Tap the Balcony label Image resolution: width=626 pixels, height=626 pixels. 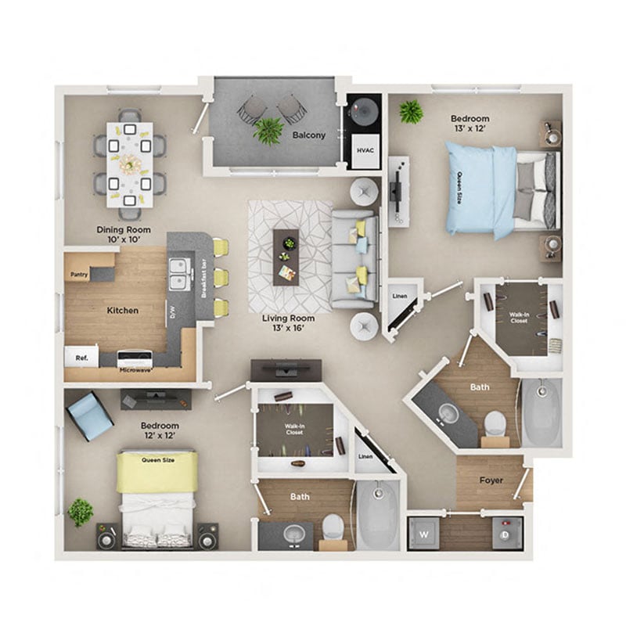tap(309, 135)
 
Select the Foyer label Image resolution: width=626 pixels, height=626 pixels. tap(491, 480)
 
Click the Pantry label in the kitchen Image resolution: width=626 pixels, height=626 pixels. tap(78, 275)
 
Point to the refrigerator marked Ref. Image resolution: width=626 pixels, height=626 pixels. tap(81, 358)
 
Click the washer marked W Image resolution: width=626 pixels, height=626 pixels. tap(423, 535)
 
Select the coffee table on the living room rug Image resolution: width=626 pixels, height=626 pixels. tap(286, 256)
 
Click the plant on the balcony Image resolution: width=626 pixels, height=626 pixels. tap(268, 130)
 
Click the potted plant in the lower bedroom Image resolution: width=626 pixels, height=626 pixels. tap(80, 513)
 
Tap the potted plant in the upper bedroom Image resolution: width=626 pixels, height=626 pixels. tap(411, 112)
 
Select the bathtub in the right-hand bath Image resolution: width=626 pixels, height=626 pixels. tap(541, 414)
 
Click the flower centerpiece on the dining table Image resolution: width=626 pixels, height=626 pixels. tap(129, 164)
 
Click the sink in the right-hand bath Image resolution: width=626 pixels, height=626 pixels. tap(448, 414)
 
